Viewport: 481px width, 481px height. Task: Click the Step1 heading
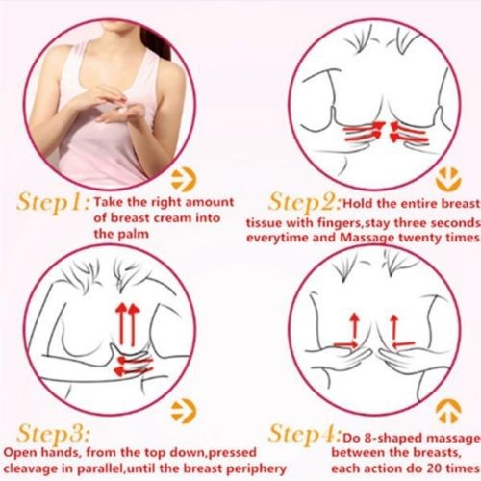(54, 203)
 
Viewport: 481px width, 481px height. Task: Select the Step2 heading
(305, 203)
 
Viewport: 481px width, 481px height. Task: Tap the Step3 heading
(53, 434)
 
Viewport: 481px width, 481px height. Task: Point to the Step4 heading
(305, 434)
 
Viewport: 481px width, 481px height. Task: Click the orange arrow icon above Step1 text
(184, 180)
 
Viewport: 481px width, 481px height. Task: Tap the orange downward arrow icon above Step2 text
(448, 180)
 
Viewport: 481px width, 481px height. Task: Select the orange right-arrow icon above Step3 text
(184, 411)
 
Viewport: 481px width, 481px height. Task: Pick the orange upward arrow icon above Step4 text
(448, 411)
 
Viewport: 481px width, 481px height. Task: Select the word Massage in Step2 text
(367, 239)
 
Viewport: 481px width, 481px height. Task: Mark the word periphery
(256, 469)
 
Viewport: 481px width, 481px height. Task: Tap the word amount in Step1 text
(210, 203)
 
